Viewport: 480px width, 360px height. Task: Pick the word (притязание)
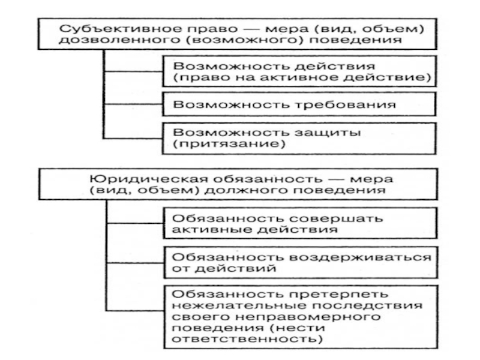click(x=229, y=143)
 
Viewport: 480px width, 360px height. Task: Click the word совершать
click(x=336, y=218)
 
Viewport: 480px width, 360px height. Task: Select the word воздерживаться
click(x=360, y=257)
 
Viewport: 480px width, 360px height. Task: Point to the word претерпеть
click(x=339, y=294)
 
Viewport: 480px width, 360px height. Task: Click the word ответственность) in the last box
click(x=247, y=339)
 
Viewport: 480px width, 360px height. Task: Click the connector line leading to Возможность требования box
click(x=133, y=104)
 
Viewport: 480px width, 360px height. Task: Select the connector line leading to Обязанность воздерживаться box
click(x=136, y=262)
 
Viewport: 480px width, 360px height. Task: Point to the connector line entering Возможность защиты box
click(x=133, y=139)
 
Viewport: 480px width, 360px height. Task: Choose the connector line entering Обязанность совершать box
click(x=136, y=223)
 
